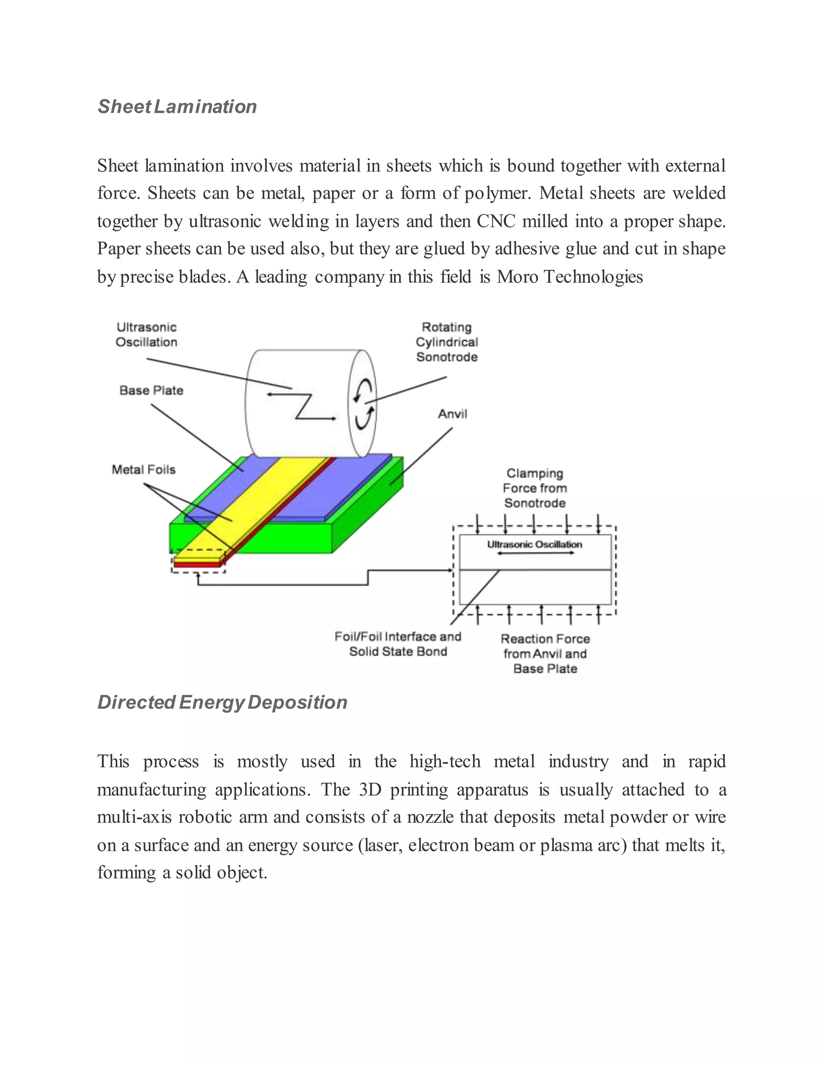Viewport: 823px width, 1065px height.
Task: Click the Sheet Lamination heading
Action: click(x=177, y=106)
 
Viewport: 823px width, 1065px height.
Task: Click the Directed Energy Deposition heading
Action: click(x=222, y=702)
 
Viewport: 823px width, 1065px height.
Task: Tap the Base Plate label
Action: click(x=151, y=390)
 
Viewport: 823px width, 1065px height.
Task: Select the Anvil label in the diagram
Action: click(x=452, y=414)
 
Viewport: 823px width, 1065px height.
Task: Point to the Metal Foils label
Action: click(x=143, y=469)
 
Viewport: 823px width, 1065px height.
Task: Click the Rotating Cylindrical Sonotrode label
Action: click(x=446, y=342)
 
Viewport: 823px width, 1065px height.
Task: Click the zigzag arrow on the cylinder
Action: click(x=302, y=406)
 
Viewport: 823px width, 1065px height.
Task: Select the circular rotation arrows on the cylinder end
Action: click(x=364, y=405)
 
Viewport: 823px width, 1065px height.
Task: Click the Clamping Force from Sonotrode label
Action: click(x=535, y=488)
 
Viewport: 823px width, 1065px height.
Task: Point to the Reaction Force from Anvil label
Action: click(x=545, y=653)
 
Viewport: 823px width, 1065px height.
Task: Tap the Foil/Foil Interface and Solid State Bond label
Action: click(x=398, y=644)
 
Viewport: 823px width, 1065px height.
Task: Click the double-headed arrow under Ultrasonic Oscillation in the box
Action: click(x=534, y=553)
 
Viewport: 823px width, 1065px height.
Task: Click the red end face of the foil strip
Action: click(x=197, y=565)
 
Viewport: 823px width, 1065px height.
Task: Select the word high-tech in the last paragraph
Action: click(x=445, y=761)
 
